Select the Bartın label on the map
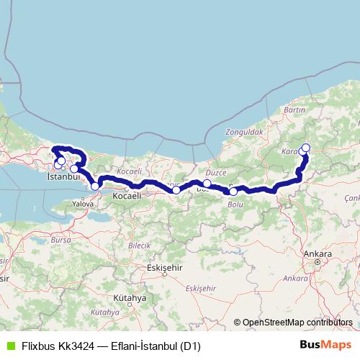295,109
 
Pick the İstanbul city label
62,176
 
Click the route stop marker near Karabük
305,148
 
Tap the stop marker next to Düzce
207,184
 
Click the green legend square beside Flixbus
9,346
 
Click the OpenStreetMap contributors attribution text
297,323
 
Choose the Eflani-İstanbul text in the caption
144,346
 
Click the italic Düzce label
216,173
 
